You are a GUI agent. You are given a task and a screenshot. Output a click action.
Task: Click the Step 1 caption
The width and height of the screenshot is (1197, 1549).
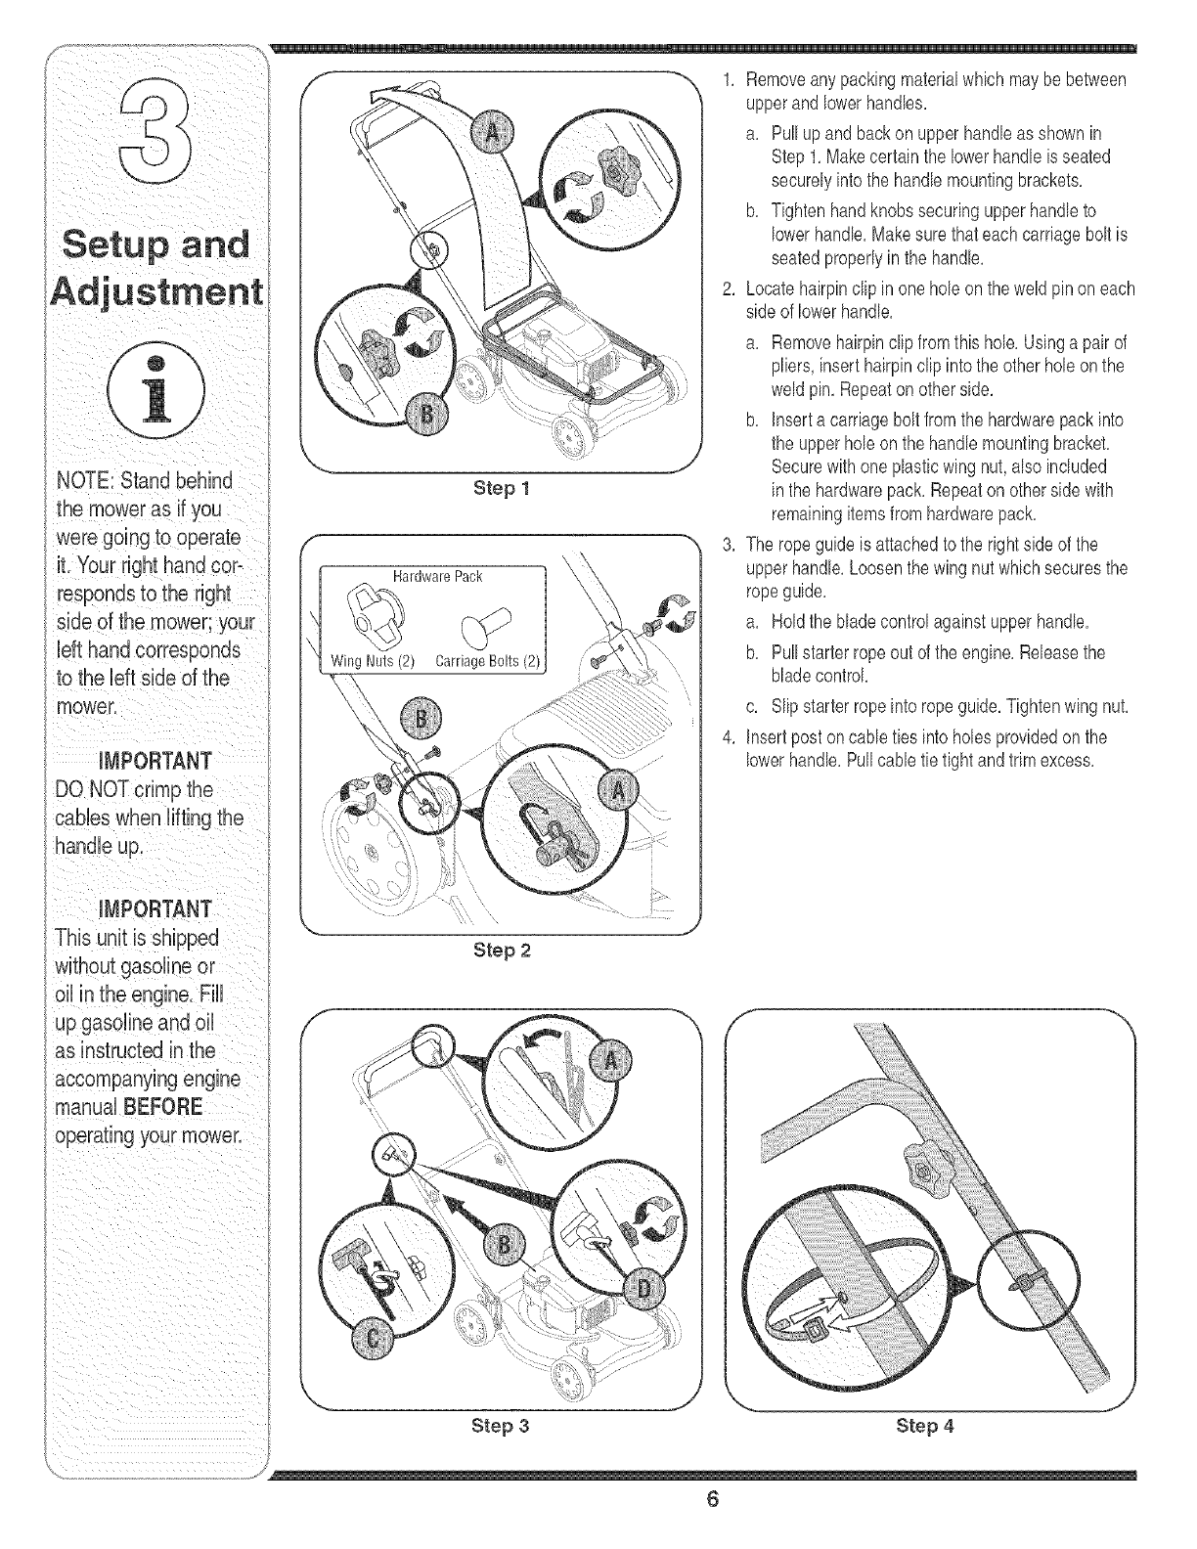pos(501,487)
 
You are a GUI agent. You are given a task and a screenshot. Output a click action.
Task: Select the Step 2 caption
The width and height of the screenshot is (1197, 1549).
pos(501,949)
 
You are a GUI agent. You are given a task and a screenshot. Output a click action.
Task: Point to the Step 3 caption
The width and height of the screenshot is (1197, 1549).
pos(501,1425)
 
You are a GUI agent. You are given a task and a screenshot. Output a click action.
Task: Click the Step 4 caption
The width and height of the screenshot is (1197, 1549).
pos(924,1425)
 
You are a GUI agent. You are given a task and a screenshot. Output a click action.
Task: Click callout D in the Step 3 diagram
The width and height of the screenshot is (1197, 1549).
pos(643,1289)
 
